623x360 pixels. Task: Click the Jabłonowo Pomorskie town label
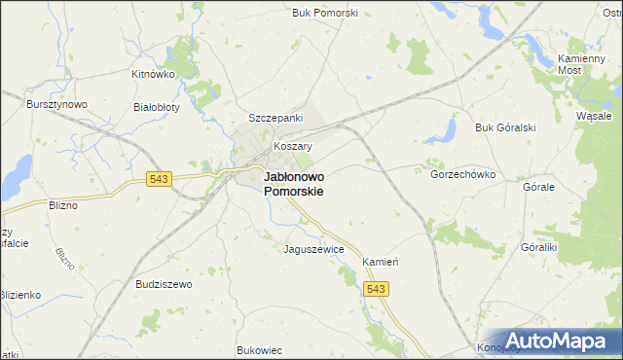pyautogui.click(x=294, y=185)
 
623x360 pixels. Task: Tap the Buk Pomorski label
pyautogui.click(x=325, y=13)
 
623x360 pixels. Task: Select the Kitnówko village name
pyautogui.click(x=153, y=74)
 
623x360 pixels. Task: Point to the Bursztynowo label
pyautogui.click(x=57, y=104)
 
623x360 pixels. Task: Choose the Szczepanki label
pyautogui.click(x=276, y=117)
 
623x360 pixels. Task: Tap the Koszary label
pyautogui.click(x=292, y=146)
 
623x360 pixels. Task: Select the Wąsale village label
pyautogui.click(x=593, y=114)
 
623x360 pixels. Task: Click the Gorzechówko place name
pyautogui.click(x=463, y=174)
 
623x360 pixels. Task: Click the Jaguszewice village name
pyautogui.click(x=313, y=249)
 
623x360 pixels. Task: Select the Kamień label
pyautogui.click(x=383, y=263)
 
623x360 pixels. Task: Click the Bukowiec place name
pyautogui.click(x=259, y=350)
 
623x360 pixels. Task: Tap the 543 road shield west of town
pyautogui.click(x=160, y=179)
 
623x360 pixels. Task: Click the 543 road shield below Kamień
pyautogui.click(x=377, y=289)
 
